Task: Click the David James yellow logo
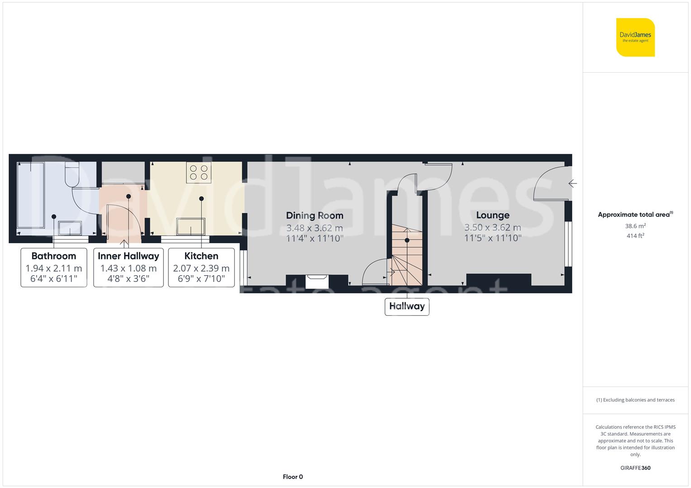[635, 37]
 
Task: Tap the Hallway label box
[407, 306]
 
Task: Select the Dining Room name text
[315, 216]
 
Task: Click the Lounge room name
[492, 215]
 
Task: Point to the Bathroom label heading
[54, 256]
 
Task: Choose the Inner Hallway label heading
[129, 256]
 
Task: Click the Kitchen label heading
[201, 256]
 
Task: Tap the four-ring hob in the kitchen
[199, 173]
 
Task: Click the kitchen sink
[191, 226]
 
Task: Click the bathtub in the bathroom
[31, 196]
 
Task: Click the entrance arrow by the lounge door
[572, 183]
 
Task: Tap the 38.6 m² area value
[635, 226]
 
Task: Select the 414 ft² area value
[635, 236]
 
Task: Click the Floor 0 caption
[293, 477]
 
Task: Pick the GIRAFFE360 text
[635, 468]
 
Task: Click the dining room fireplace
[317, 282]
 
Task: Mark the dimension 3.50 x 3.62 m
[492, 227]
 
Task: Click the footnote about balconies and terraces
[635, 400]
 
